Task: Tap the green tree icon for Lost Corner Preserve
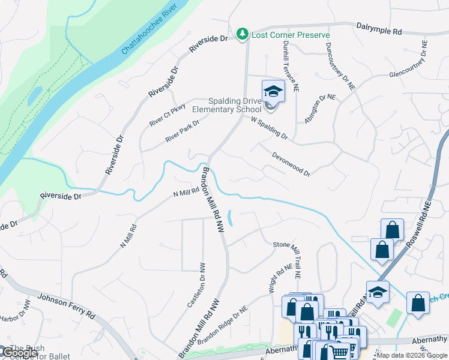pyautogui.click(x=243, y=35)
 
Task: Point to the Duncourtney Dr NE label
pyautogui.click(x=340, y=66)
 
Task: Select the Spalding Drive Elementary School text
pyautogui.click(x=227, y=105)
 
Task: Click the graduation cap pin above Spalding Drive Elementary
pyautogui.click(x=273, y=92)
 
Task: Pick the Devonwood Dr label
pyautogui.click(x=291, y=164)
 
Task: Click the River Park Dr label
pyautogui.click(x=182, y=131)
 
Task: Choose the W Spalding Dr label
pyautogui.click(x=269, y=128)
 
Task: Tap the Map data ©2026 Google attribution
pyautogui.click(x=412, y=355)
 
